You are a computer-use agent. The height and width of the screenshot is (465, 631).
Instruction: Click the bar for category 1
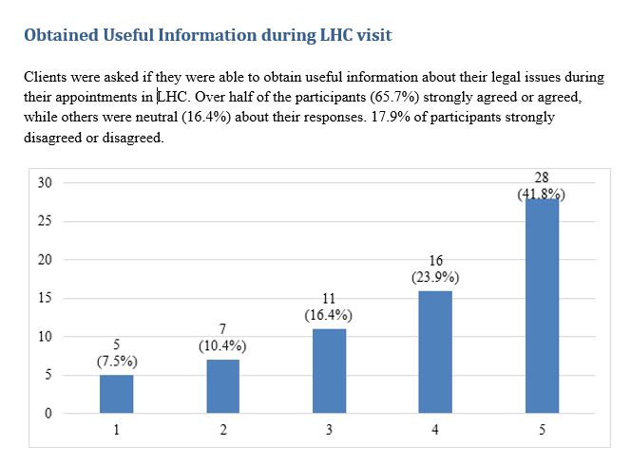click(116, 394)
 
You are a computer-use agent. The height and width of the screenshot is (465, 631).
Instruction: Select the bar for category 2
click(222, 386)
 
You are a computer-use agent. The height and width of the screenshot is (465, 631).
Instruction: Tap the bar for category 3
click(329, 371)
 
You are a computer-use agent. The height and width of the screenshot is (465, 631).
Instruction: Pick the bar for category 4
click(435, 352)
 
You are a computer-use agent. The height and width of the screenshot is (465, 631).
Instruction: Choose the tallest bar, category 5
click(542, 306)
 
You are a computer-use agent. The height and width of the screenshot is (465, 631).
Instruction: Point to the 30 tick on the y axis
click(45, 182)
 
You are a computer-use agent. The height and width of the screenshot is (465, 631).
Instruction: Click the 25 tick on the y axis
click(45, 221)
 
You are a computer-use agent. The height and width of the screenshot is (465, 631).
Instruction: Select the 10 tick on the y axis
click(45, 337)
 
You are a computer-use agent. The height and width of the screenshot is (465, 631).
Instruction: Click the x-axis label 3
click(329, 430)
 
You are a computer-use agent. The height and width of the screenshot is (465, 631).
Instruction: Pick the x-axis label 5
click(542, 430)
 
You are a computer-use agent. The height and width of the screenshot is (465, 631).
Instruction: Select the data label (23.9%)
click(435, 278)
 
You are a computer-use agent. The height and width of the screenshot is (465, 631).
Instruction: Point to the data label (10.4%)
click(222, 346)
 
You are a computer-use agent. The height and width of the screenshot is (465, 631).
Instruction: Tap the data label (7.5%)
click(116, 362)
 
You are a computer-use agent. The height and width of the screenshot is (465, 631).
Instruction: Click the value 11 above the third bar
click(329, 299)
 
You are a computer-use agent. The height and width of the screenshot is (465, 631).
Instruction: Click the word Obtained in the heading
click(64, 36)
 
